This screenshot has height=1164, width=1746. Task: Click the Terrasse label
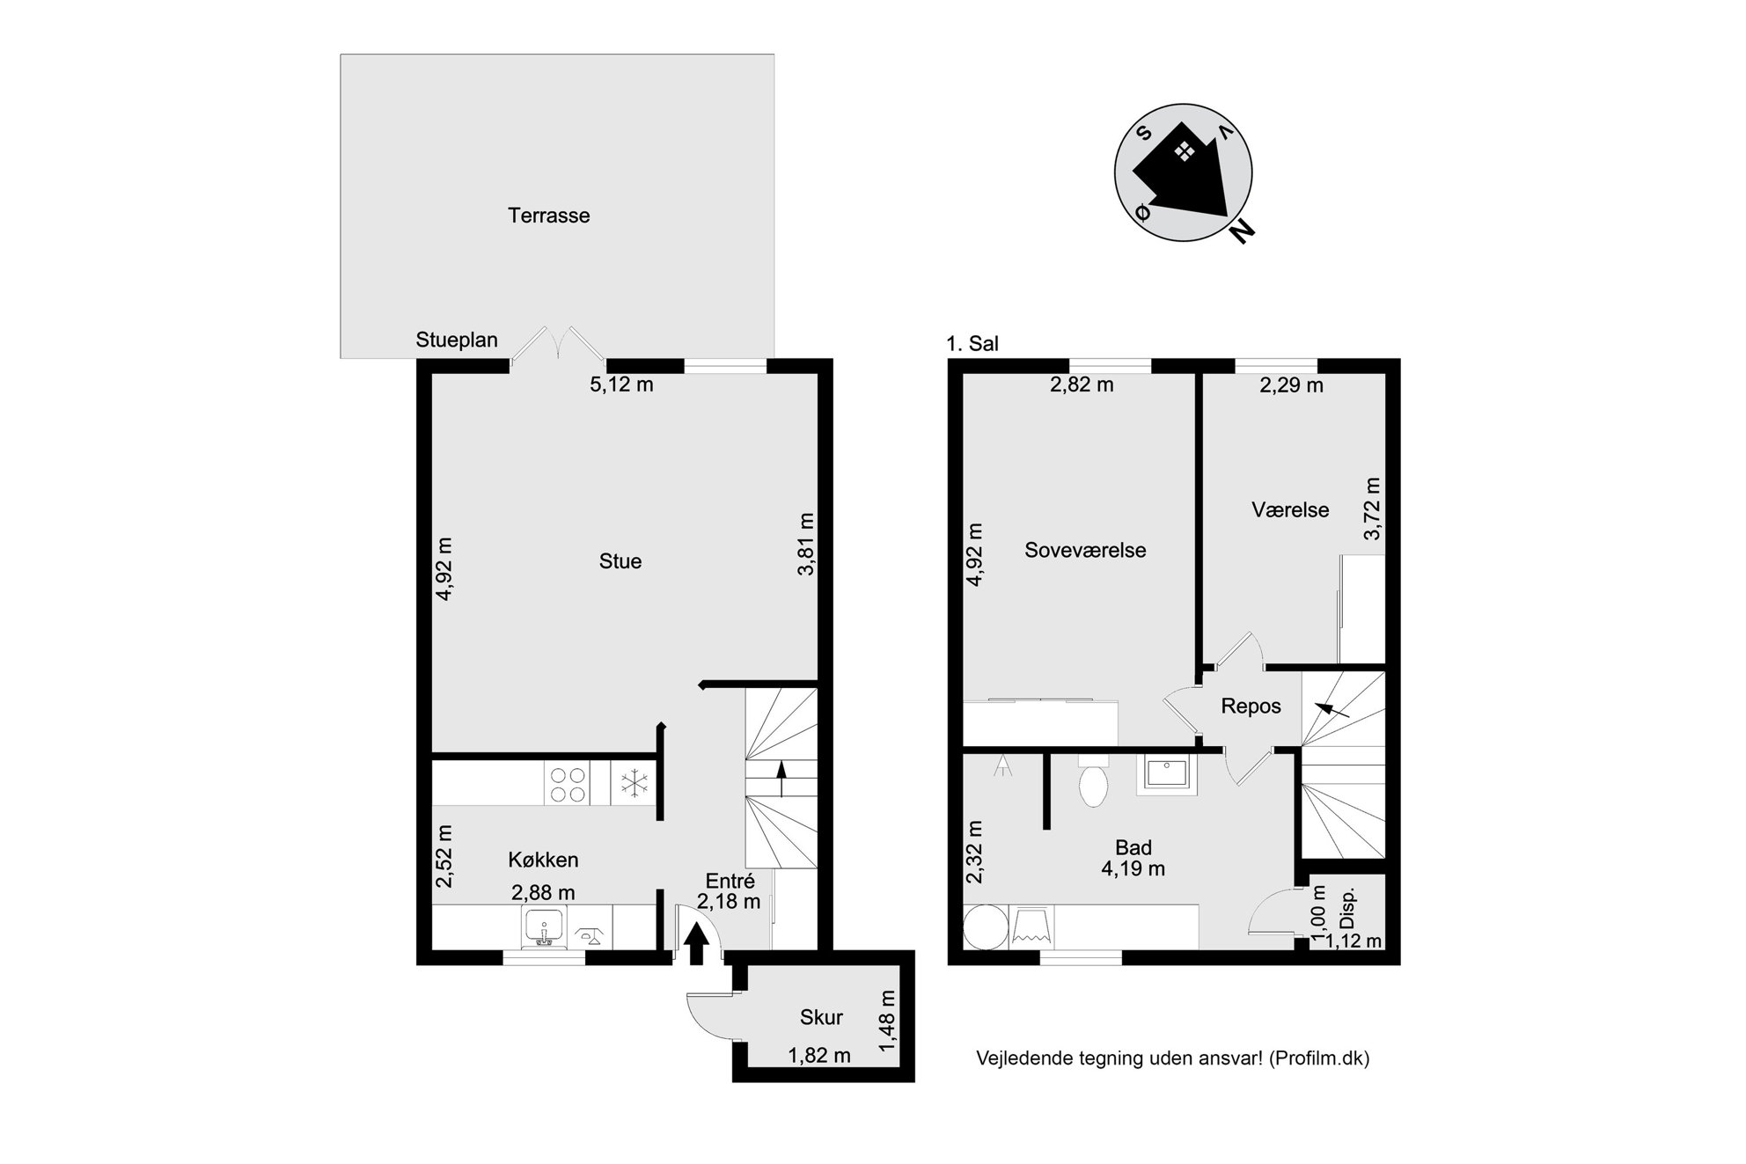click(x=548, y=216)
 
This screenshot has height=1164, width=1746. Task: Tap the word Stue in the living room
click(x=620, y=561)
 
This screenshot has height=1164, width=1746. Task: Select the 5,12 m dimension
click(x=621, y=384)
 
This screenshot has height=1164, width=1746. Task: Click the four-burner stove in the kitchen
click(x=567, y=783)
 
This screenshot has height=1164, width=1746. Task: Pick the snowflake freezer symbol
click(x=633, y=784)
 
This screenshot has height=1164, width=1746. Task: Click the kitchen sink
click(x=544, y=928)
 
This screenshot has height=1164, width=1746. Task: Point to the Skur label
click(x=821, y=1018)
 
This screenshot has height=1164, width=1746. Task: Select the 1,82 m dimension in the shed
click(x=819, y=1056)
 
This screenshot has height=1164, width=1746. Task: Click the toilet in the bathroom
click(x=1093, y=783)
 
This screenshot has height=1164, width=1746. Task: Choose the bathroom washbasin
click(x=1166, y=775)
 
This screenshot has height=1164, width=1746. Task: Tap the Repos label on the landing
click(x=1251, y=706)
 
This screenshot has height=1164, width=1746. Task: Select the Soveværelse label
click(x=1085, y=551)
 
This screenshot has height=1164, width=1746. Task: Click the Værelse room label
click(x=1290, y=510)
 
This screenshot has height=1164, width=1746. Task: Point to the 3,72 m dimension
click(x=1372, y=509)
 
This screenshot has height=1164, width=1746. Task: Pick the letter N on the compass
click(x=1242, y=231)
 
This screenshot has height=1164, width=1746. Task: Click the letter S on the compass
click(x=1144, y=133)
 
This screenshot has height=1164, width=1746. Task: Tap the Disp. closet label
click(x=1347, y=909)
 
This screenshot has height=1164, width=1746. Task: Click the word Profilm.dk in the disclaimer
click(x=1319, y=1058)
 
